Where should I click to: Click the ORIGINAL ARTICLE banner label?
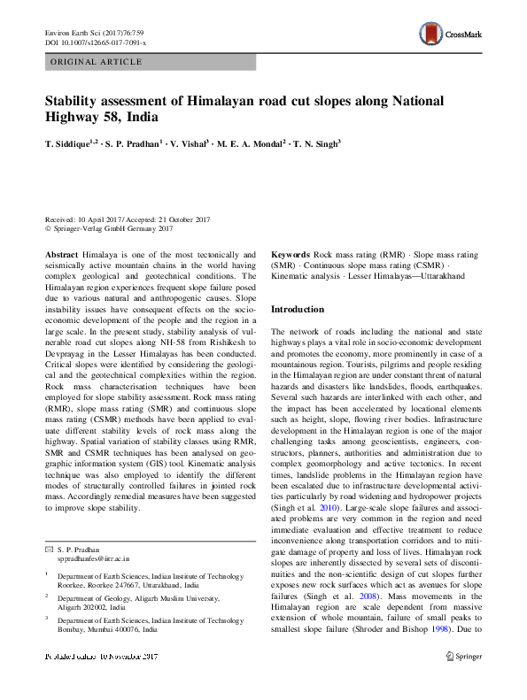click(97, 62)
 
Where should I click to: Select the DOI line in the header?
click(96, 42)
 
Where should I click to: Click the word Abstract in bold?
click(61, 253)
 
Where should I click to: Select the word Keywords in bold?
click(291, 253)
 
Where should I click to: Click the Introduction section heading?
click(298, 310)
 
